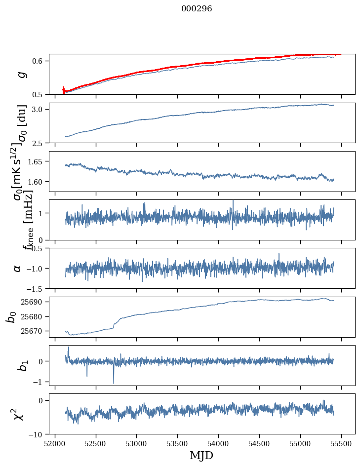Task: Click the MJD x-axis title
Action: [201, 455]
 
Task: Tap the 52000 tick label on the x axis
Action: [55, 443]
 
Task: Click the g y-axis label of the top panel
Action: [21, 75]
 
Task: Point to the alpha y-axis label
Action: [17, 268]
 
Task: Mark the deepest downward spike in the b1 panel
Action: [114, 383]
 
